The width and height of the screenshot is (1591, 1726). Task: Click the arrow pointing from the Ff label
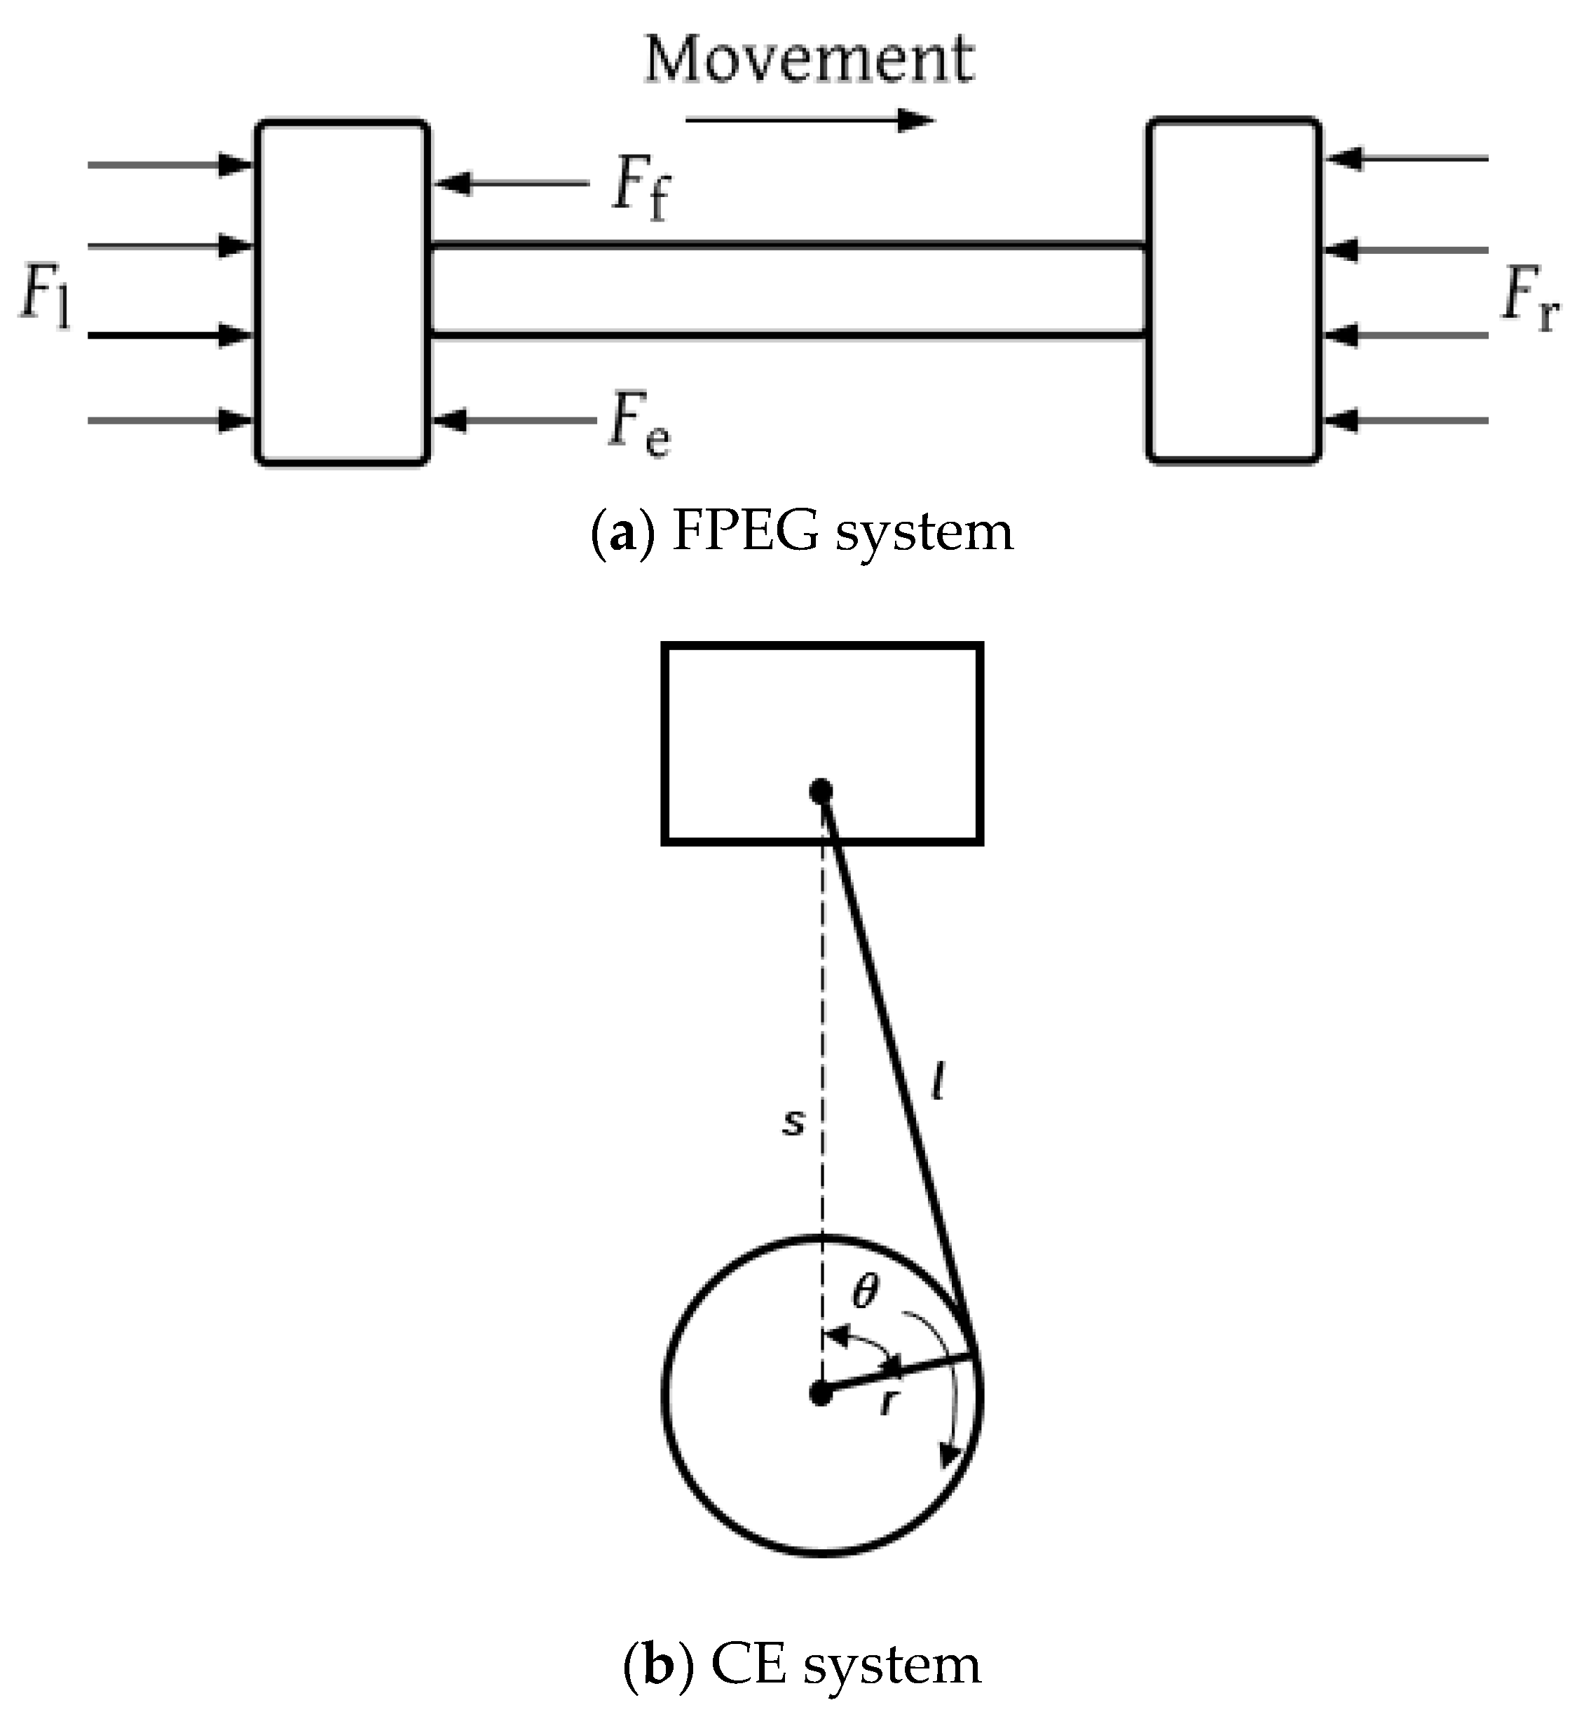pos(512,184)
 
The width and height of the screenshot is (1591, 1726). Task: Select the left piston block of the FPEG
pos(343,293)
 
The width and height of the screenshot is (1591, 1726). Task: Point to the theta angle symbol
pos(865,1292)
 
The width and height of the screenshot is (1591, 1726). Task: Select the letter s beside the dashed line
pos(793,1122)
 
